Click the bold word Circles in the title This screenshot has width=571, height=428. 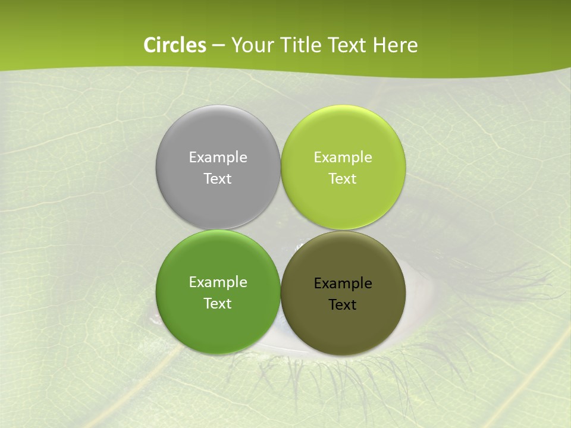coord(175,45)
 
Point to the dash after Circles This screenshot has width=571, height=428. coord(218,46)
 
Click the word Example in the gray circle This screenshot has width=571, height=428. coord(218,158)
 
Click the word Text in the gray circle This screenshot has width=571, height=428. coord(218,179)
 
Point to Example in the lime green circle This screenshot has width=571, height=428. coord(343,158)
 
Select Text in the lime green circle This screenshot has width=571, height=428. coord(343,179)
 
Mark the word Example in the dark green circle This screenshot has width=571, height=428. coord(218,282)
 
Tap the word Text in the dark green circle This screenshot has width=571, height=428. coord(218,304)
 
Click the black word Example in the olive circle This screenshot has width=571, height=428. coord(343,284)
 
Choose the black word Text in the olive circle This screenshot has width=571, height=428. coord(343,305)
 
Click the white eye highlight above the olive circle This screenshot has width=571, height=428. coord(299,244)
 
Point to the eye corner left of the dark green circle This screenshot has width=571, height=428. coord(153,319)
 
